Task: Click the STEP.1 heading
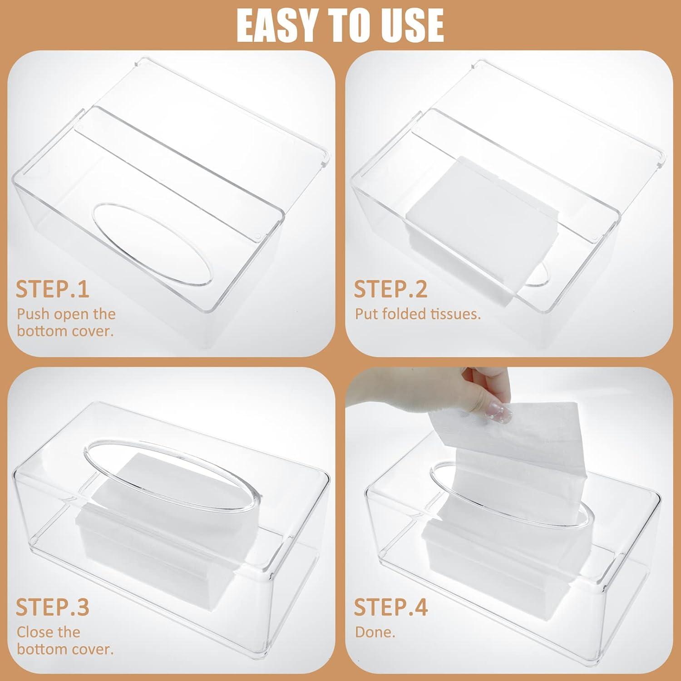(53, 289)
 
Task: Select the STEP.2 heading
(391, 289)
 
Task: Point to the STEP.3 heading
(53, 607)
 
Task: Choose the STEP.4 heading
(391, 607)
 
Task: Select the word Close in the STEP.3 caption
(37, 632)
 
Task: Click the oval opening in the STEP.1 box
(152, 245)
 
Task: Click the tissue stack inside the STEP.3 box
(182, 536)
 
